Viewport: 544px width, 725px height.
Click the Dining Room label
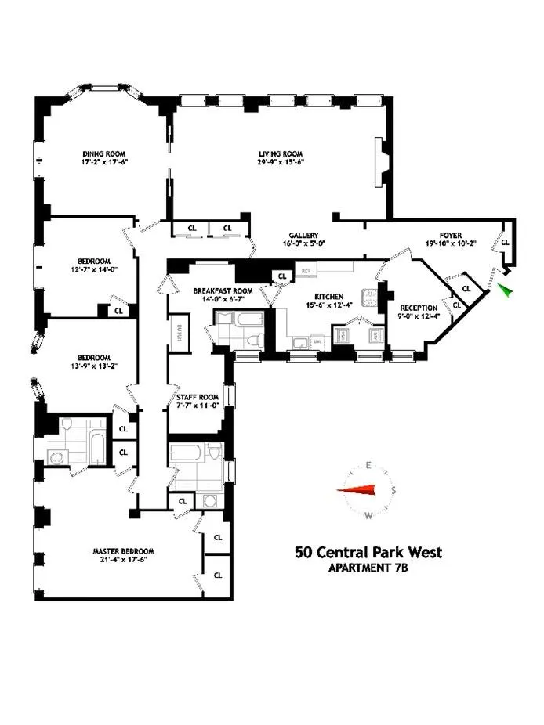click(x=104, y=153)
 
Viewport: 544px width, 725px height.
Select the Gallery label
click(x=302, y=235)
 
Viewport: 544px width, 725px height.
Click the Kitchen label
click(x=329, y=297)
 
